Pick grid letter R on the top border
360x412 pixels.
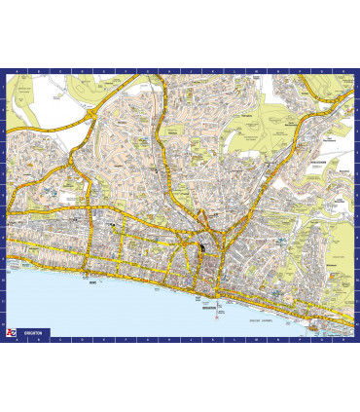pyautogui.click(x=341, y=71)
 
